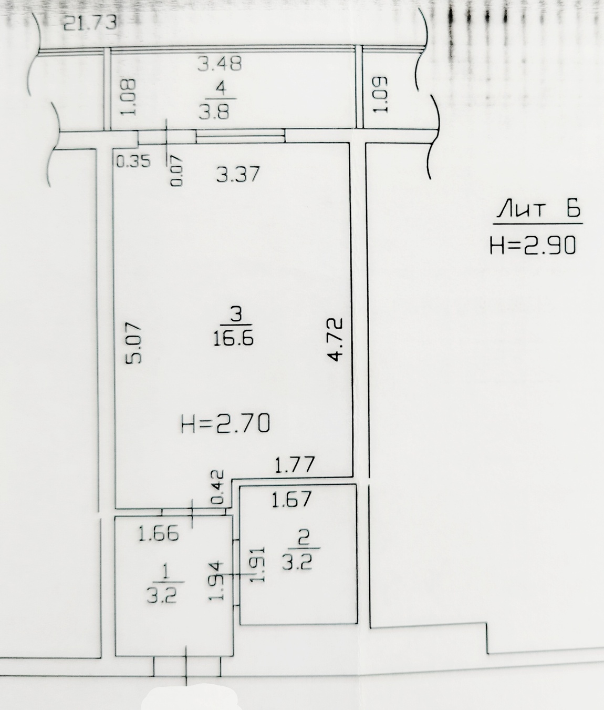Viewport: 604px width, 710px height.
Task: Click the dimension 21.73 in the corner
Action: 90,23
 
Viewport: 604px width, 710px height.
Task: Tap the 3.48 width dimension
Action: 220,64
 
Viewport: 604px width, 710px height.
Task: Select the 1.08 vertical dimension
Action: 129,97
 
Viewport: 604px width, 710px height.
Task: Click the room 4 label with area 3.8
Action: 219,100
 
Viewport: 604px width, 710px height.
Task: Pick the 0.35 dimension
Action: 133,161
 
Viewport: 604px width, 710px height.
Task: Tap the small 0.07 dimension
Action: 176,170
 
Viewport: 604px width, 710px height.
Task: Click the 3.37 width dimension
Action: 238,174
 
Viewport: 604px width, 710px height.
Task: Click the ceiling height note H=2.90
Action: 533,246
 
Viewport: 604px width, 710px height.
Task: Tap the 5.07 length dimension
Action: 132,342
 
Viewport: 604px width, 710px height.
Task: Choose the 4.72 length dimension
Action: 335,339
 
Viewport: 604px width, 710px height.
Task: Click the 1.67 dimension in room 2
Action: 291,499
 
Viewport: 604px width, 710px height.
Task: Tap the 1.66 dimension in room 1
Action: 159,534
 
